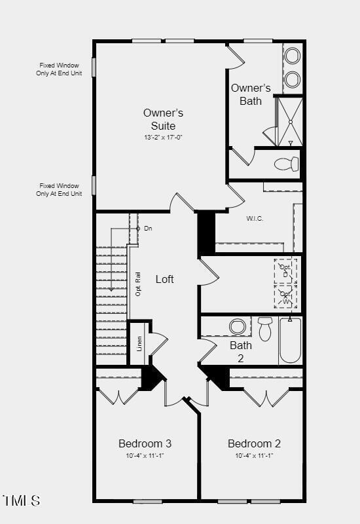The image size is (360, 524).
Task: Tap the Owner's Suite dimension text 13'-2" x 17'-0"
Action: pos(163,138)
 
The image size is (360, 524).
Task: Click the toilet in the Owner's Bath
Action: pos(285,164)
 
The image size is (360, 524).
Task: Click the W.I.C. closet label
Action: pos(255,218)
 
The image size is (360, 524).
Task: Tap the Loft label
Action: pos(165,279)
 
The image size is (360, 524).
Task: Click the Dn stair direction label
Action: pos(148,228)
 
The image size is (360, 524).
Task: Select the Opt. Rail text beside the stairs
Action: pos(138,284)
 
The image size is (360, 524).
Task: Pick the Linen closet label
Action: pos(139,344)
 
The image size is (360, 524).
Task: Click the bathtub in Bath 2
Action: pos(290,341)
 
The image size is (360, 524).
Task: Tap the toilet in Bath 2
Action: pos(264,329)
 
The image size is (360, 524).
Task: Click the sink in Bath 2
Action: pos(237,326)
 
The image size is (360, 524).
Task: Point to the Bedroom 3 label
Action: pos(145,443)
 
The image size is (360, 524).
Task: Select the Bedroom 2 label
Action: pos(254,443)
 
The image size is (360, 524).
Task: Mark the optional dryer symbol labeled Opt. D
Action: pos(285,269)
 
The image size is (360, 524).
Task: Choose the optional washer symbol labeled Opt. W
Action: pos(285,296)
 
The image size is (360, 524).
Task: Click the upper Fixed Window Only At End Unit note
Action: pos(59,69)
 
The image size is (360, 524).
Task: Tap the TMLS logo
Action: pos(22,501)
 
